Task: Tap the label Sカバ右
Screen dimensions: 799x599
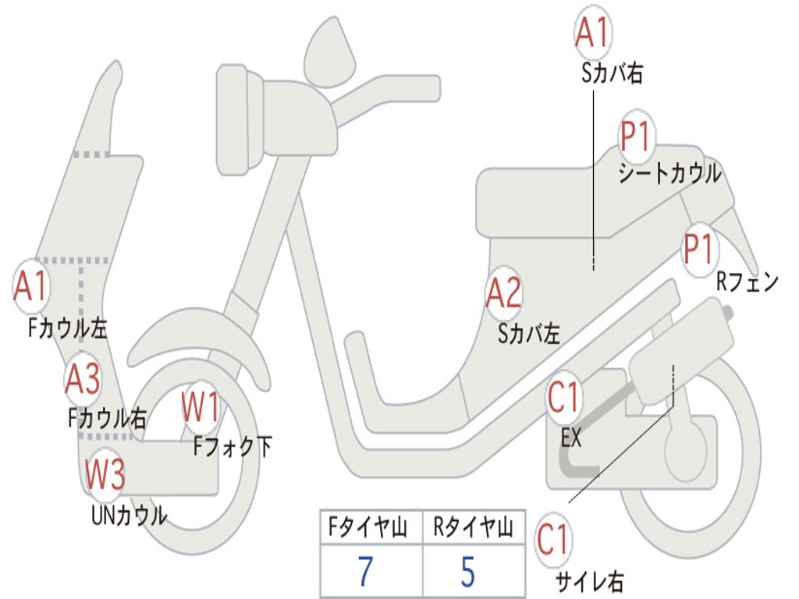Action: [x=612, y=73]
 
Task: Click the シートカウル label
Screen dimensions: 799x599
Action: [x=669, y=173]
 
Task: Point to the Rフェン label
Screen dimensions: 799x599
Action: [x=747, y=282]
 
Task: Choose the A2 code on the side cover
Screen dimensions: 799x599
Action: [x=503, y=295]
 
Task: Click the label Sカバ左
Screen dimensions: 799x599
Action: [x=530, y=334]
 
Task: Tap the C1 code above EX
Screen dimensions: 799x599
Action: [x=563, y=399]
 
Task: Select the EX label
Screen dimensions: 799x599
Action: [x=571, y=438]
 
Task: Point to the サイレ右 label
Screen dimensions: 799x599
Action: [x=589, y=580]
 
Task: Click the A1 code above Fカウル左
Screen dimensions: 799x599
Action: [x=31, y=287]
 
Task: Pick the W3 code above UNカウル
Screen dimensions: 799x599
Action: [x=105, y=474]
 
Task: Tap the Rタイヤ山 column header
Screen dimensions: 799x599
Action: [x=473, y=530]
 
